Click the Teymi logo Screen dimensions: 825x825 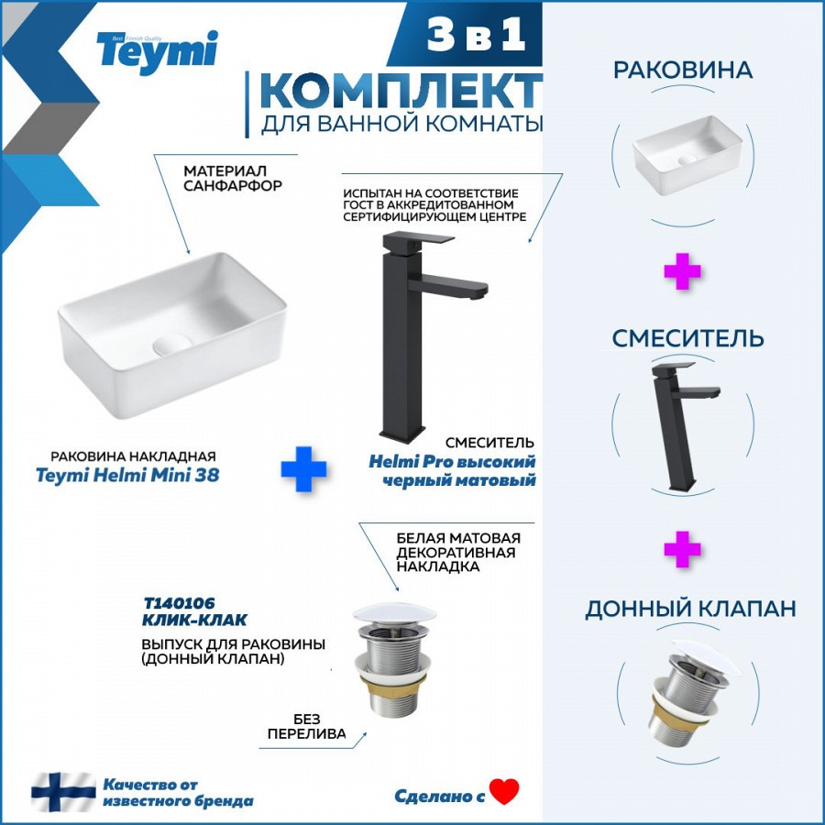click(157, 51)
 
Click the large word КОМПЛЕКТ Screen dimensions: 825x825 click(401, 91)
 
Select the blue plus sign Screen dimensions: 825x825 click(303, 469)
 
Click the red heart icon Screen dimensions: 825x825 click(503, 791)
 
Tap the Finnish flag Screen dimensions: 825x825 click(63, 792)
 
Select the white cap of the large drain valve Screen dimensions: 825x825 click(394, 614)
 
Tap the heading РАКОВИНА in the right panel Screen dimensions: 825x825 click(683, 70)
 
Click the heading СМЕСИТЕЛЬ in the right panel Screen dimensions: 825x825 click(687, 338)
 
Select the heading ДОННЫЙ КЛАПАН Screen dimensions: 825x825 click(690, 609)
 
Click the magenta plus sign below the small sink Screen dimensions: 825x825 click(682, 271)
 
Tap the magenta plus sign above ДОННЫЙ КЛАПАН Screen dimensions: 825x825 click(682, 549)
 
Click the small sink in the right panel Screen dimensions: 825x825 click(687, 155)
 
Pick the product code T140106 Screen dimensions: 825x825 click(180, 603)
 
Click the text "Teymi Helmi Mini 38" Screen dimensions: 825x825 click(127, 475)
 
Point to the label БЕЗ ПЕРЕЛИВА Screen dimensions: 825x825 click(307, 727)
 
